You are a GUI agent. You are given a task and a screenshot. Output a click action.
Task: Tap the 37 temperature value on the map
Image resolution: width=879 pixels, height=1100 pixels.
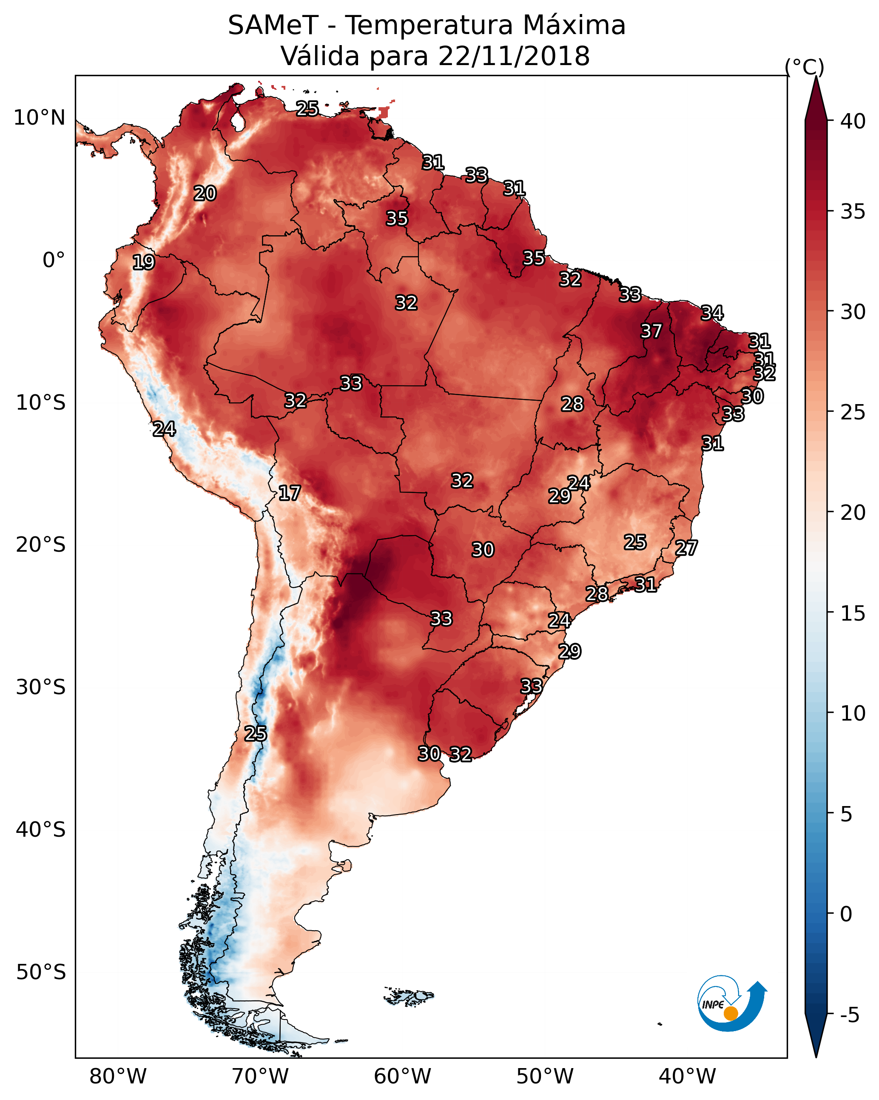click(651, 331)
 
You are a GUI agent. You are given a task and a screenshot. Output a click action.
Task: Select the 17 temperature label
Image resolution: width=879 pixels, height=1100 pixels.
click(289, 493)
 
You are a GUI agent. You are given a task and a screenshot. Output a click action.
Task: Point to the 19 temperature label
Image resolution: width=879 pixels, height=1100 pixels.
click(143, 262)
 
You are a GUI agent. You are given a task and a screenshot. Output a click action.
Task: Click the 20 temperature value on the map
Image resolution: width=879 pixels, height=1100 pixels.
click(205, 194)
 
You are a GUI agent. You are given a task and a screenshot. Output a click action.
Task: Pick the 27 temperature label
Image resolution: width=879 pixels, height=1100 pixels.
click(686, 548)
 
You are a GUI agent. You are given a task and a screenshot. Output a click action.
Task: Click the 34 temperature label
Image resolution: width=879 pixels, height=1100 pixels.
click(712, 313)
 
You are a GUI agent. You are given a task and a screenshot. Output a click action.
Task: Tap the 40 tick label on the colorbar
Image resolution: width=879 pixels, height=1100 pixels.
click(853, 121)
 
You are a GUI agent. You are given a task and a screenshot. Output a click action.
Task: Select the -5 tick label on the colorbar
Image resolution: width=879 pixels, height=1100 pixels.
click(849, 1015)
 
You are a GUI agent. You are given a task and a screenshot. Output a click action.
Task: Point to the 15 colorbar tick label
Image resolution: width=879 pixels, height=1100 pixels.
click(853, 613)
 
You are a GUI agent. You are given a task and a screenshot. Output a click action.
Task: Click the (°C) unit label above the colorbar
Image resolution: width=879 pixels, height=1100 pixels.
click(805, 67)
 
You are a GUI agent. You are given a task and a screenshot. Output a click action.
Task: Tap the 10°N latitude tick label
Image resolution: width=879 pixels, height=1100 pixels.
click(39, 118)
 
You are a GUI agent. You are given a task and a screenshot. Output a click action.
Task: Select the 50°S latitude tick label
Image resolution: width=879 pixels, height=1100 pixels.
click(41, 972)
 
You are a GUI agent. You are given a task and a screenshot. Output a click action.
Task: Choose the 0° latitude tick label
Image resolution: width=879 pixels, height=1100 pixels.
click(54, 260)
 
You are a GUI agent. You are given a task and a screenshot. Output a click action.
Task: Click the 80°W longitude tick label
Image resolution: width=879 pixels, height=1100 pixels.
click(118, 1077)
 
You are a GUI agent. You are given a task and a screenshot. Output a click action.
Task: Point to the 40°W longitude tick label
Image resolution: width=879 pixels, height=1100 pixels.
click(687, 1077)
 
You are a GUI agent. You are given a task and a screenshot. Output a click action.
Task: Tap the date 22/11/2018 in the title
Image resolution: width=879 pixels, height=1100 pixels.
click(514, 56)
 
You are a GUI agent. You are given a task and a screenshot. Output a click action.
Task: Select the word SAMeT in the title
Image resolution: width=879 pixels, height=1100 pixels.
click(273, 26)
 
